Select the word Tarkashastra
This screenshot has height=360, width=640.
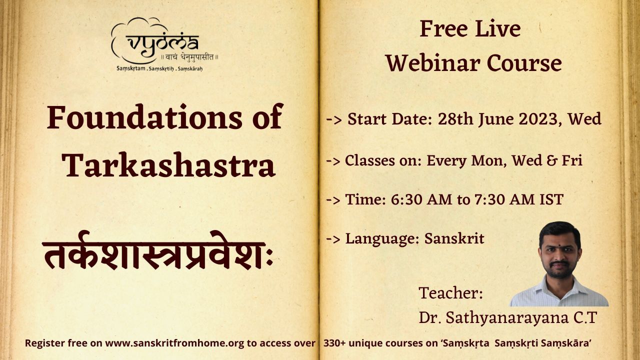point(169,165)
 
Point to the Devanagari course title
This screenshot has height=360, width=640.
point(157,251)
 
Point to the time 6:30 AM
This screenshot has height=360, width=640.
point(421,199)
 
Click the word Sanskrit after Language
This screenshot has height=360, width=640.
point(454,238)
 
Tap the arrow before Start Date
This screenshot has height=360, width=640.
point(333,120)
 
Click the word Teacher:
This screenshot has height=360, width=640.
point(451,293)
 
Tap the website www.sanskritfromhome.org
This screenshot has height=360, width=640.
point(175,343)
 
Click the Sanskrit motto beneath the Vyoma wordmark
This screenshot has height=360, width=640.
point(190,57)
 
